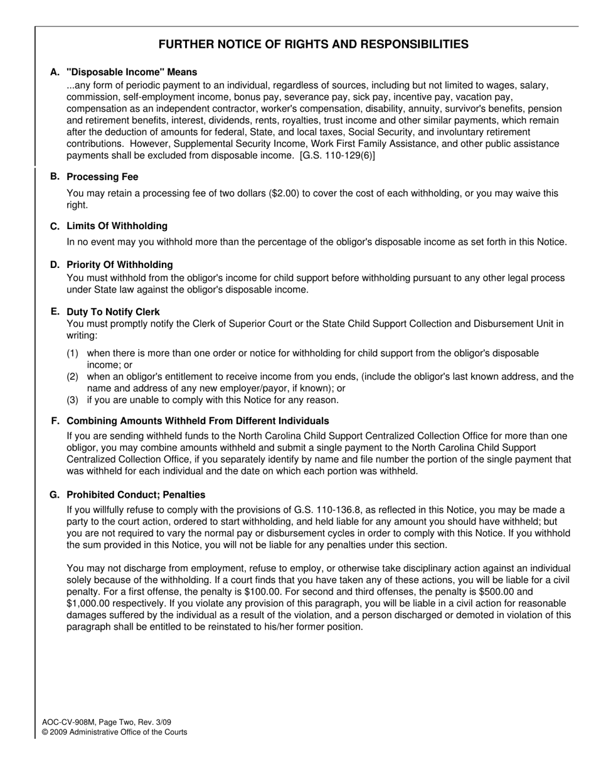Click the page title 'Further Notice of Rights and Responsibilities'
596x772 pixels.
pos(313,45)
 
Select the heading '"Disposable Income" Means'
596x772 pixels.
pos(132,72)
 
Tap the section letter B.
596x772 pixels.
pos(55,176)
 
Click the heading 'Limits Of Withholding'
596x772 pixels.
pos(117,226)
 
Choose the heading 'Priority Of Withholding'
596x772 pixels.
pos(120,265)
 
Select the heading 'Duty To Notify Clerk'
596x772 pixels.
pos(113,312)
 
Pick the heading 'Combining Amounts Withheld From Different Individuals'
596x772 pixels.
pos(198,421)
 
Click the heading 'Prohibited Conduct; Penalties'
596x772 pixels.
pos(136,495)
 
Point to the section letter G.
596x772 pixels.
pos(55,495)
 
